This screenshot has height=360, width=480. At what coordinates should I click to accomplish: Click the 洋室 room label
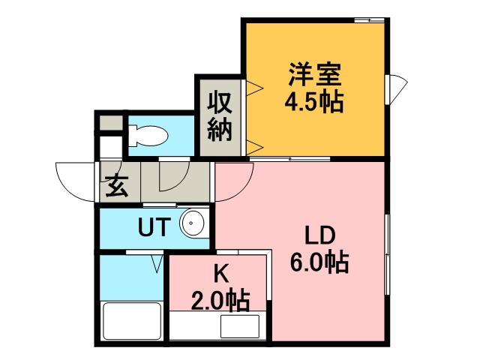point(315,74)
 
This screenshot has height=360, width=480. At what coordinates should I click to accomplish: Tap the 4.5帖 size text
point(314,102)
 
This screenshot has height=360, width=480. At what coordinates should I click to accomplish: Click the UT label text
point(154,226)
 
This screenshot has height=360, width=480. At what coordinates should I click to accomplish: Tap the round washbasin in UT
point(193,223)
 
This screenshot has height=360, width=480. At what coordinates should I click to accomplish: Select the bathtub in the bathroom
point(132,321)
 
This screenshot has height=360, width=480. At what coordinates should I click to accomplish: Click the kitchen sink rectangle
point(240,326)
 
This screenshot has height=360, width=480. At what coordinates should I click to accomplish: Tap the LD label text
point(320,235)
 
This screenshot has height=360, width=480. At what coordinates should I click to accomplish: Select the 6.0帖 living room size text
point(319,262)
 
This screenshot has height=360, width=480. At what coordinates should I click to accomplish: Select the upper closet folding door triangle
point(255,88)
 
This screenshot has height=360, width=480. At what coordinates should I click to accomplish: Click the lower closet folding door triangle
point(255,148)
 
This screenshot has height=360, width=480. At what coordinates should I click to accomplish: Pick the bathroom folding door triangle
point(157,264)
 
